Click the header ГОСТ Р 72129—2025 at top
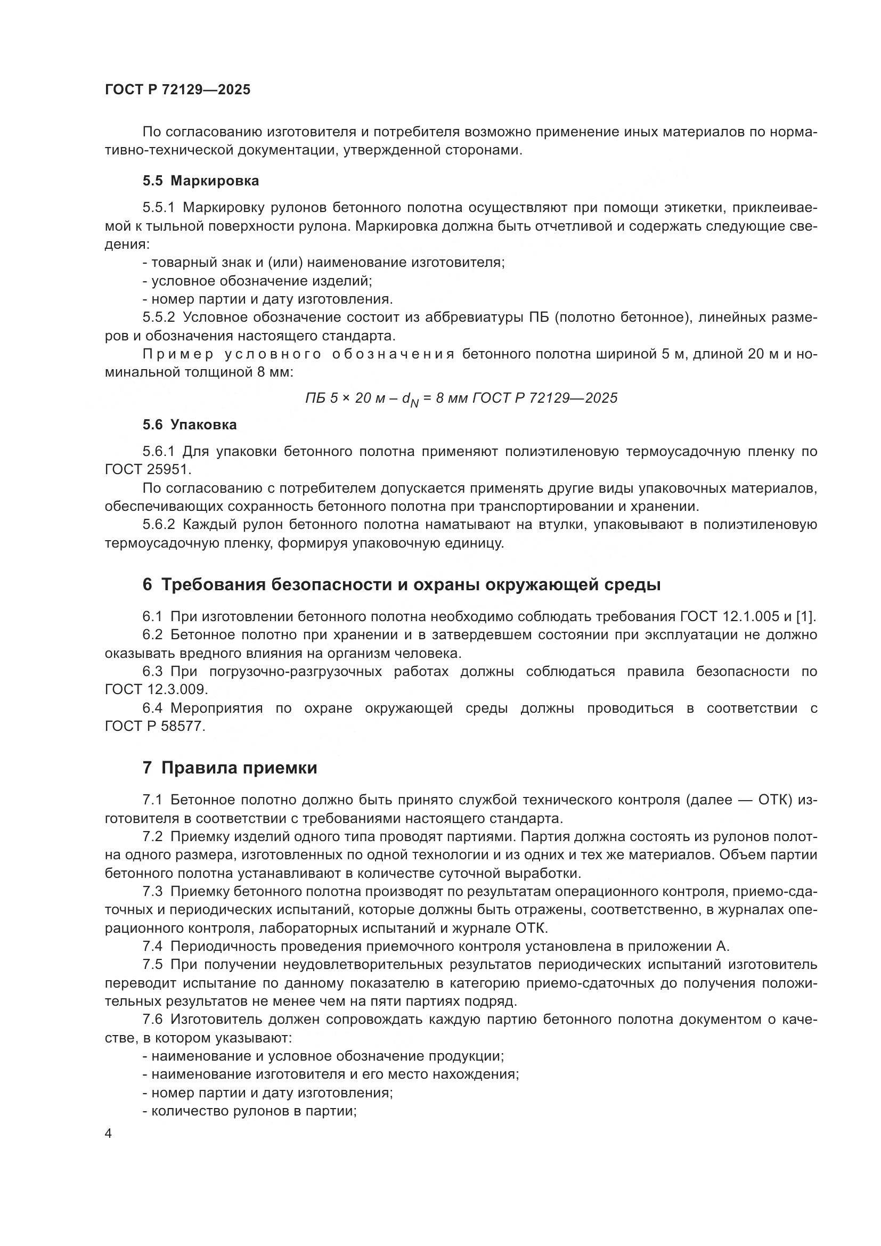[x=177, y=90]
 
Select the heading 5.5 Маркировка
[x=201, y=181]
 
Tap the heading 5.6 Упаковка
[x=190, y=425]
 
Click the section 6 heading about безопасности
[x=402, y=585]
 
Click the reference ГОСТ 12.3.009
[x=156, y=690]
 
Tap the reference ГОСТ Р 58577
[x=154, y=726]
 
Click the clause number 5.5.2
[x=158, y=317]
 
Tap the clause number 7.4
[x=152, y=947]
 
